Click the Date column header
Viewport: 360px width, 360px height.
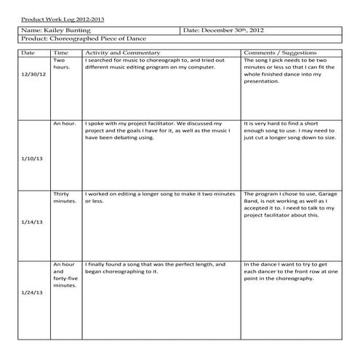(x=28, y=53)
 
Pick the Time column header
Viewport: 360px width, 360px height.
(x=61, y=53)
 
